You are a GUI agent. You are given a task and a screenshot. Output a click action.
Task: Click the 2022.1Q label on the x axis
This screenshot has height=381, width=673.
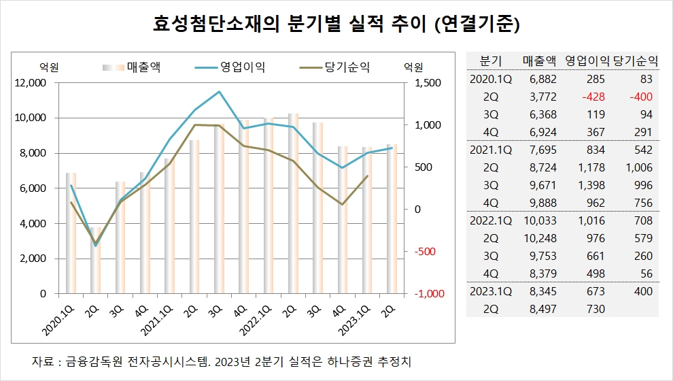point(253,316)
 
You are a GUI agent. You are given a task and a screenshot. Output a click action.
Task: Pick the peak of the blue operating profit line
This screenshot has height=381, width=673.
point(219,91)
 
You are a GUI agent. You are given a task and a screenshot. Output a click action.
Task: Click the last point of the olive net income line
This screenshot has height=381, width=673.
point(368,176)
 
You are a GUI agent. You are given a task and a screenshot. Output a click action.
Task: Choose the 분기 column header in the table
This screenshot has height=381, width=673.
point(490,60)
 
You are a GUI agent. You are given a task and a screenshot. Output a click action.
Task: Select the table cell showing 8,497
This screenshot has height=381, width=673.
point(542,309)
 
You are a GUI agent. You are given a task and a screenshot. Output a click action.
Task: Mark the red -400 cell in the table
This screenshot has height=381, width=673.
point(640,97)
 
